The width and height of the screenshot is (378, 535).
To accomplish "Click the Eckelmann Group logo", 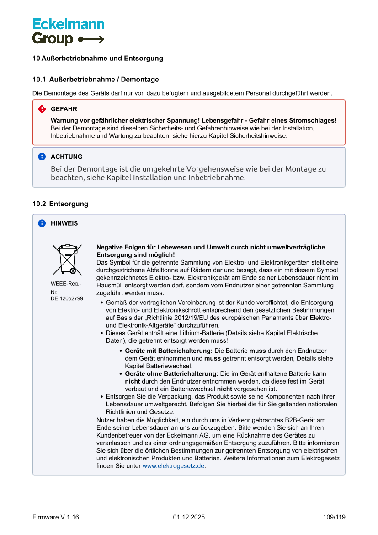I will tap(68, 32).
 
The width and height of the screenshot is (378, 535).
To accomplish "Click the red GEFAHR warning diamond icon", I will tap(42, 109).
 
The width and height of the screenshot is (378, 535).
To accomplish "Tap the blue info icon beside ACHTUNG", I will tap(42, 157).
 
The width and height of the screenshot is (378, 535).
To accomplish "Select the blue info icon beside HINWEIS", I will tap(42, 223).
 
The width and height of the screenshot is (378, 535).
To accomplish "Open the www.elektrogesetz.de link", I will tap(173, 466).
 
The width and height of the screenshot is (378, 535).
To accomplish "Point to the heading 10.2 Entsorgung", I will tap(60, 204).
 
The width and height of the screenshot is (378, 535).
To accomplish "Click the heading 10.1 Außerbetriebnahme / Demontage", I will tap(96, 79).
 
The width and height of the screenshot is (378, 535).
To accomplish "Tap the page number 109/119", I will tap(334, 517).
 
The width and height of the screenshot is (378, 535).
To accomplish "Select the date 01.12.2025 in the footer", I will tap(189, 517).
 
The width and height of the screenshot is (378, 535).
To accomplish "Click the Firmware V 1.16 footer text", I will tap(56, 517).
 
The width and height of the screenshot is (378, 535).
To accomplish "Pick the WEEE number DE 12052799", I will tap(67, 298).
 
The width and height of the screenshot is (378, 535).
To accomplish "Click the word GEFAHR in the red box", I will tap(64, 109).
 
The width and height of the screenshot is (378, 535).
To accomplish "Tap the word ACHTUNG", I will tap(67, 157).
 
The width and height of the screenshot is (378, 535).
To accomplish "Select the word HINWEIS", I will tap(64, 223).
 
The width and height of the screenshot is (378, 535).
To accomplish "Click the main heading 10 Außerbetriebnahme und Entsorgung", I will tap(98, 58).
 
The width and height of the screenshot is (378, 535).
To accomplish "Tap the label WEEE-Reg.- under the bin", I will tap(66, 284).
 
